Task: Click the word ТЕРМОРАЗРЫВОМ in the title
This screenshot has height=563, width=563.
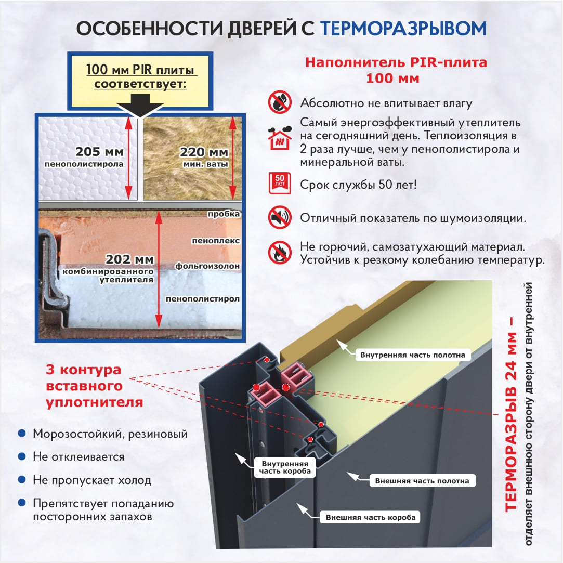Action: click(403, 29)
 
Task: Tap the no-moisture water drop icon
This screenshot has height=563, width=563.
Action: click(280, 102)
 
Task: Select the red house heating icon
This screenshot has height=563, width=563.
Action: click(280, 138)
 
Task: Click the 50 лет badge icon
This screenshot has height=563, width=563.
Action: click(280, 183)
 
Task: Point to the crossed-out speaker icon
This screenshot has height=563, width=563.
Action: click(280, 217)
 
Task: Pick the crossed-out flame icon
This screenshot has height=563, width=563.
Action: click(280, 253)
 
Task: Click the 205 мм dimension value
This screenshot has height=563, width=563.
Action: click(99, 152)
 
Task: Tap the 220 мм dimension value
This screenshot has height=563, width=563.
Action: click(204, 152)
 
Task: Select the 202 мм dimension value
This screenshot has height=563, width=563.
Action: click(129, 259)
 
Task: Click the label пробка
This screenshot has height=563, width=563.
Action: click(224, 214)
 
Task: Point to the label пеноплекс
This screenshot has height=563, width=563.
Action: click(216, 241)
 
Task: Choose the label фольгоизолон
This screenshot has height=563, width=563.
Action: click(207, 266)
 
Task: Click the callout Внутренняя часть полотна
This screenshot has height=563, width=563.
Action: click(413, 355)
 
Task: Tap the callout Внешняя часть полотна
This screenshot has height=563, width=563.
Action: click(422, 481)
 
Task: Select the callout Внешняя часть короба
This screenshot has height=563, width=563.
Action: click(371, 517)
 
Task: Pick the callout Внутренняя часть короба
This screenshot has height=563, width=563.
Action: click(285, 467)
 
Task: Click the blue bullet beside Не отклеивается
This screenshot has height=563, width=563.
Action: click(22, 456)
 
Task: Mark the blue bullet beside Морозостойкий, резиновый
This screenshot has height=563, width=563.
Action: click(22, 434)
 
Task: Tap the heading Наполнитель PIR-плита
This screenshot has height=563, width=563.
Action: click(396, 62)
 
